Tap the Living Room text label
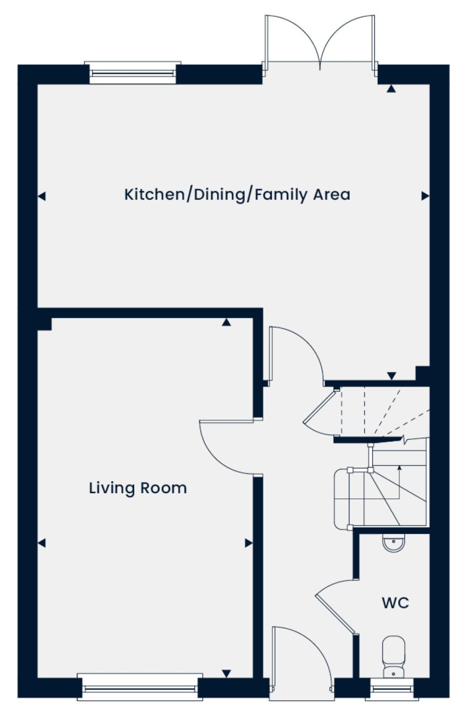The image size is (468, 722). click(138, 488)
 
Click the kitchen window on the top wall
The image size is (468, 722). click(133, 73)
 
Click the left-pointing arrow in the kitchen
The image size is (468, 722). click(42, 196)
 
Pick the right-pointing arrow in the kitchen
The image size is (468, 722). click(426, 195)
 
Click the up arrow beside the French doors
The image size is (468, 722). click(391, 89)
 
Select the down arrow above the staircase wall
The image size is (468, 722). click(392, 376)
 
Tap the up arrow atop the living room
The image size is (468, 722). click(227, 322)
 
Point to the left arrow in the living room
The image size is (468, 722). click(42, 543)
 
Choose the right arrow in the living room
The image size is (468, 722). click(248, 543)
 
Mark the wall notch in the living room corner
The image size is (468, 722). click(45, 324)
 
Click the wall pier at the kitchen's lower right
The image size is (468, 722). click(422, 373)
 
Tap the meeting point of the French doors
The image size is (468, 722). click(320, 69)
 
